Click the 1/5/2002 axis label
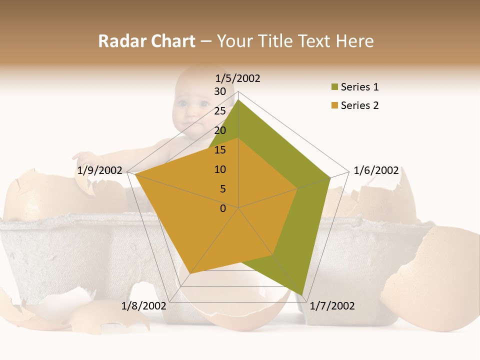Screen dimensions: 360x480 [238, 78]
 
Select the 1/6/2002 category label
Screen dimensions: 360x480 [376, 170]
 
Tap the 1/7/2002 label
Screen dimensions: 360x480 [332, 305]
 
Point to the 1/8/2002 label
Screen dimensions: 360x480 [144, 305]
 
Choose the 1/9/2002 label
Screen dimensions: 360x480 [100, 170]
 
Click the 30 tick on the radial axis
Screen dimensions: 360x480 [220, 91]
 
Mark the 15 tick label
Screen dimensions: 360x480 [220, 150]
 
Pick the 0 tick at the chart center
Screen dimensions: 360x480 [223, 208]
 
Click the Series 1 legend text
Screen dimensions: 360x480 [359, 87]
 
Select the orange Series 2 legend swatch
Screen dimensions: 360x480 [334, 105]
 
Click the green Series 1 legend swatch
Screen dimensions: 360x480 [334, 87]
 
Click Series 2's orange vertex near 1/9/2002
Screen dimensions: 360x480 [135, 174]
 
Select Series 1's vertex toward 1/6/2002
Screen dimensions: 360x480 [330, 177]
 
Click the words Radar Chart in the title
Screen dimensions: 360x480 [146, 41]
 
